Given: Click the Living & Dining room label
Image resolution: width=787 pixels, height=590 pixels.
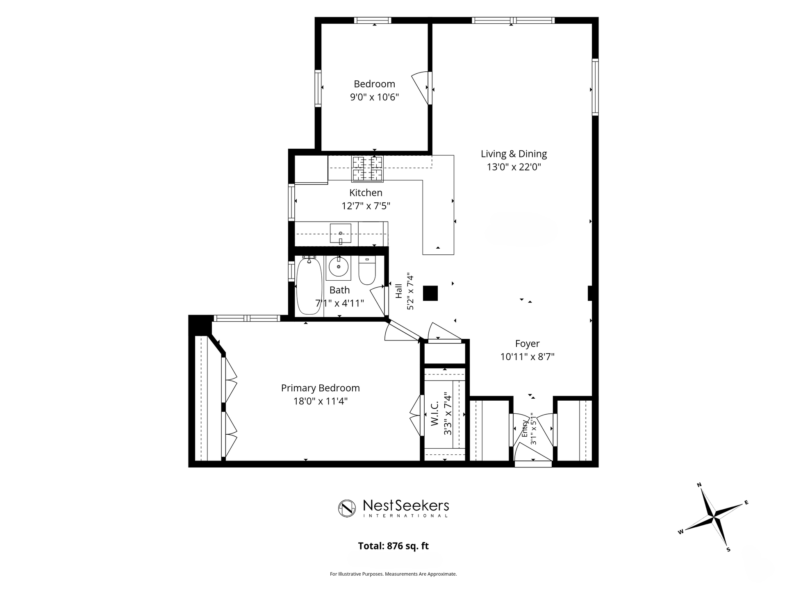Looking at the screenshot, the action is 514,154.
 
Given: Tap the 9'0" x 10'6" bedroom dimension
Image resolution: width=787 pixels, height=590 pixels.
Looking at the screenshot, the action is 374,97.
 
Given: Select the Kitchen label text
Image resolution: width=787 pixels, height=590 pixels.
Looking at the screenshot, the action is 366,193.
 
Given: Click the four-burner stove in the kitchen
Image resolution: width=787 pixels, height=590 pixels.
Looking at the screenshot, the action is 367,169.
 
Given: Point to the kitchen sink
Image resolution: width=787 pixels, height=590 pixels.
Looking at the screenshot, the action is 341,234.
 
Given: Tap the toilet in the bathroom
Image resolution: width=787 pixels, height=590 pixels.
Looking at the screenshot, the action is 367,270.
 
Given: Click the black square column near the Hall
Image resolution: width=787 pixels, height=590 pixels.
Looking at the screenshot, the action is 430,293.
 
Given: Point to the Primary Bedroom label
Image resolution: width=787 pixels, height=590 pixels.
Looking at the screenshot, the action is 320,388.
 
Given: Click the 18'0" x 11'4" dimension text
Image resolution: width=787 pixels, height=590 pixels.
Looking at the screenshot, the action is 320,401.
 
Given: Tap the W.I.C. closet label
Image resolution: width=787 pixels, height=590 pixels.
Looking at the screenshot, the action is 435,414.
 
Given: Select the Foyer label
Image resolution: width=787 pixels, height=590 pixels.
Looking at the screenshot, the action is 527,344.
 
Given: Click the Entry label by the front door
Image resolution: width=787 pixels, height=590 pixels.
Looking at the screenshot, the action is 525,429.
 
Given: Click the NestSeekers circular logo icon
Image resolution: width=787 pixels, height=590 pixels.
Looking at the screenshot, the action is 347,508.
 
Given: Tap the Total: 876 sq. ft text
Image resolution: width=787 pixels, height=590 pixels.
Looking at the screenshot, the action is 393,546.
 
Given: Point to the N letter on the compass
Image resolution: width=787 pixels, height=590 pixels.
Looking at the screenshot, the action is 699,485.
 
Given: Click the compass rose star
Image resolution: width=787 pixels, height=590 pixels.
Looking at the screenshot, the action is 714,517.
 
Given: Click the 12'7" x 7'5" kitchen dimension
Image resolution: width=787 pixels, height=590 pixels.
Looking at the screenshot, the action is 366,206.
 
